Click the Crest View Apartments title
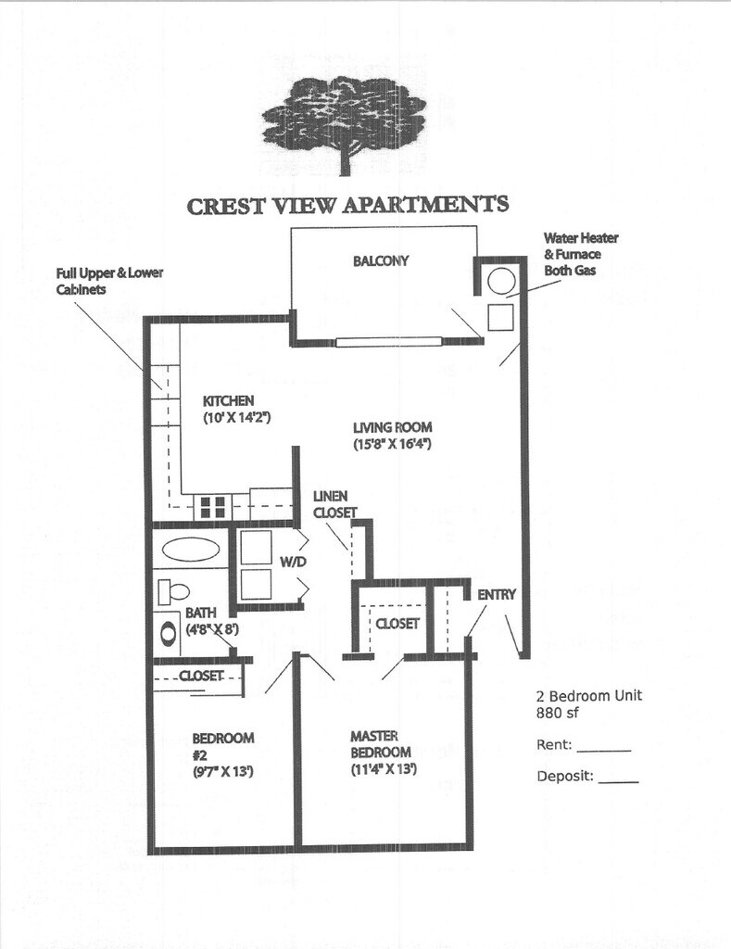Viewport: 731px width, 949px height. [x=347, y=204]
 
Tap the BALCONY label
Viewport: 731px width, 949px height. [x=380, y=261]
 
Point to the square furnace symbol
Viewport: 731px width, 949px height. [x=500, y=317]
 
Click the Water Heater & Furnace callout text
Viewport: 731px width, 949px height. [x=580, y=254]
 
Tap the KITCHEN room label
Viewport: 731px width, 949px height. [x=228, y=400]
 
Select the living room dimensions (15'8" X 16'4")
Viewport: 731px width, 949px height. [x=394, y=444]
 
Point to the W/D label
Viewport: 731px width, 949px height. [x=292, y=561]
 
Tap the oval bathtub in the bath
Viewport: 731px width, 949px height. [x=191, y=549]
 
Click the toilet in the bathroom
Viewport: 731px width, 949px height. [x=173, y=590]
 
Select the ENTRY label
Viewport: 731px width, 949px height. [x=496, y=594]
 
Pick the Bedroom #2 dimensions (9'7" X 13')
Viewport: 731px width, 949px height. [x=223, y=770]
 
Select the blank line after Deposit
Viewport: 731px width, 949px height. [x=618, y=781]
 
